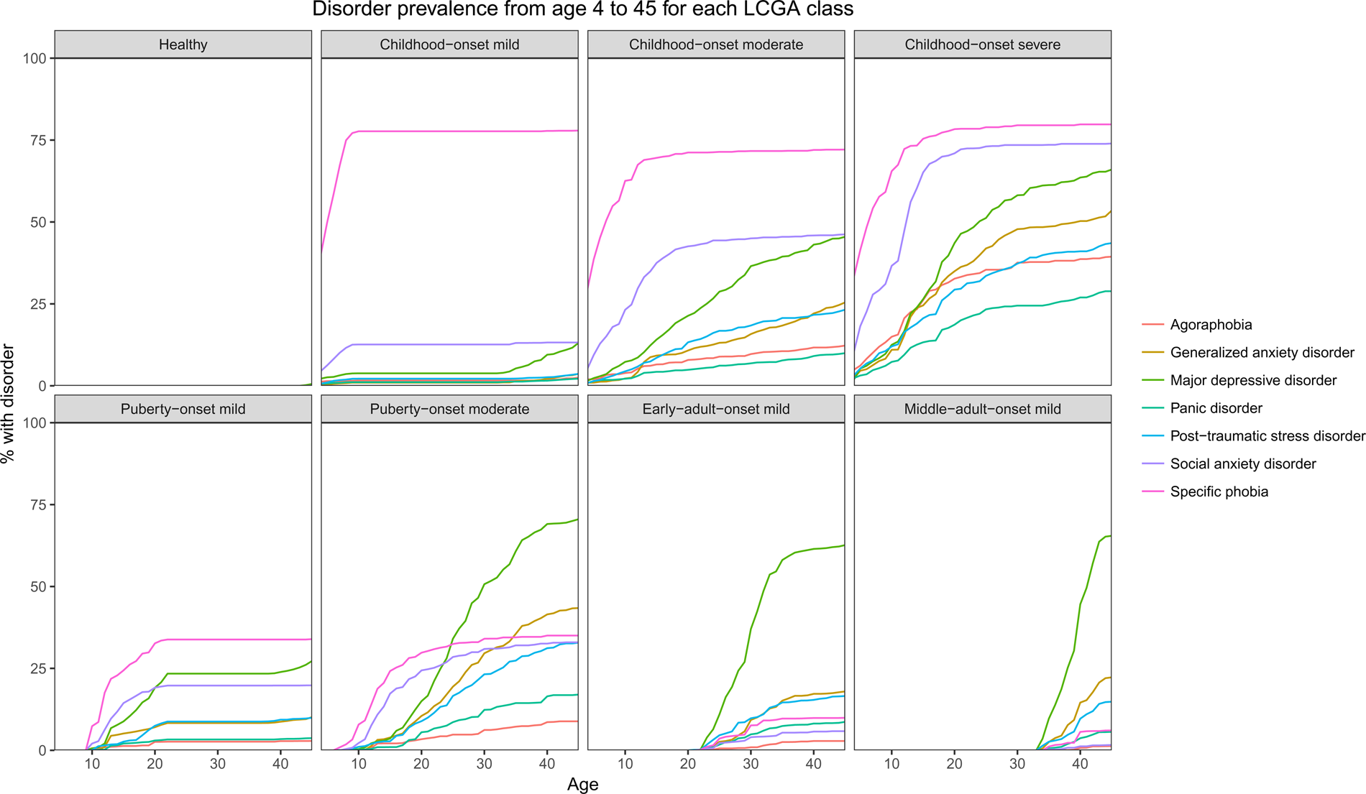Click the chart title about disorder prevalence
tap(582, 10)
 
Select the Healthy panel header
tap(183, 45)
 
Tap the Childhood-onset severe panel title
tap(982, 45)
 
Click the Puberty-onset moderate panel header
tap(449, 409)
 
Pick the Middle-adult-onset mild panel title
tap(982, 409)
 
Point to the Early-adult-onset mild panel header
tap(716, 409)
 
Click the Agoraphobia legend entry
tap(1211, 325)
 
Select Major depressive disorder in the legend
tap(1253, 380)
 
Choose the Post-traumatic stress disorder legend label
tap(1267, 436)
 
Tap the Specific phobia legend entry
tap(1219, 491)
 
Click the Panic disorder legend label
tap(1216, 408)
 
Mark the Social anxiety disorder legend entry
tap(1242, 464)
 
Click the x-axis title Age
tap(582, 785)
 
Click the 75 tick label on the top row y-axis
tap(37, 140)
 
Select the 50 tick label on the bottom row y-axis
tap(37, 587)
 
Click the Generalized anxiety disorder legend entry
tap(1262, 353)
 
